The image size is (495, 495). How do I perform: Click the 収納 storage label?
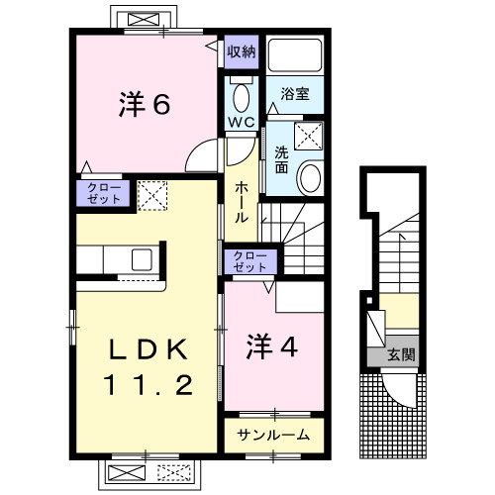pyautogui.click(x=241, y=51)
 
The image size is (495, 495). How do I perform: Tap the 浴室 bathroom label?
pyautogui.click(x=294, y=94)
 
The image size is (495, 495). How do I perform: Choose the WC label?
pyautogui.click(x=242, y=122)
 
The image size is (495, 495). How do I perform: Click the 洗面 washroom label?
pyautogui.click(x=281, y=159)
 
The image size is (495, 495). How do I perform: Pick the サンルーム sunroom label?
pyautogui.click(x=274, y=435)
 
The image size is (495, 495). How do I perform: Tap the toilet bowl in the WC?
pyautogui.click(x=241, y=96)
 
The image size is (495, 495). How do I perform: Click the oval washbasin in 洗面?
pyautogui.click(x=310, y=179)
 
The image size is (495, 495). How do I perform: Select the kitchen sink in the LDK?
pyautogui.click(x=141, y=259)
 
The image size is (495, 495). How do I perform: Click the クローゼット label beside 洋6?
pyautogui.click(x=102, y=192)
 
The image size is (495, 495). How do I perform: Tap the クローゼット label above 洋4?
pyautogui.click(x=251, y=261)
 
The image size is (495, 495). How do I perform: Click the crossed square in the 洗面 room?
pyautogui.click(x=309, y=137)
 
